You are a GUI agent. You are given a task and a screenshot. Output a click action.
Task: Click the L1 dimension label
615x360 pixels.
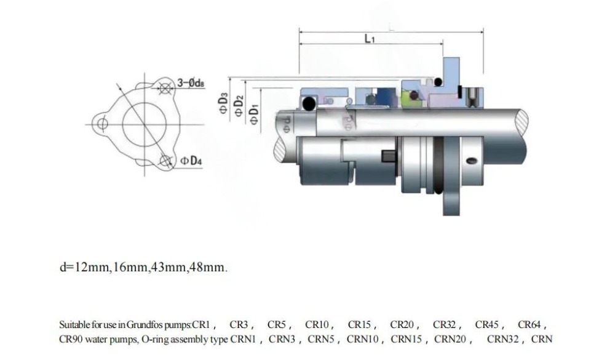coord(370,38)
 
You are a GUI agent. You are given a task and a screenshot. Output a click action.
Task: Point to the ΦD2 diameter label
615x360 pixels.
coord(239,106)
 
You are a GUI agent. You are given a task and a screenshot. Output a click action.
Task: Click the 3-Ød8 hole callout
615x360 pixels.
coord(191,82)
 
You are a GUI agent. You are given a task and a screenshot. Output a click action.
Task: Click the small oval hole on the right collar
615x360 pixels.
coord(471,161)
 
